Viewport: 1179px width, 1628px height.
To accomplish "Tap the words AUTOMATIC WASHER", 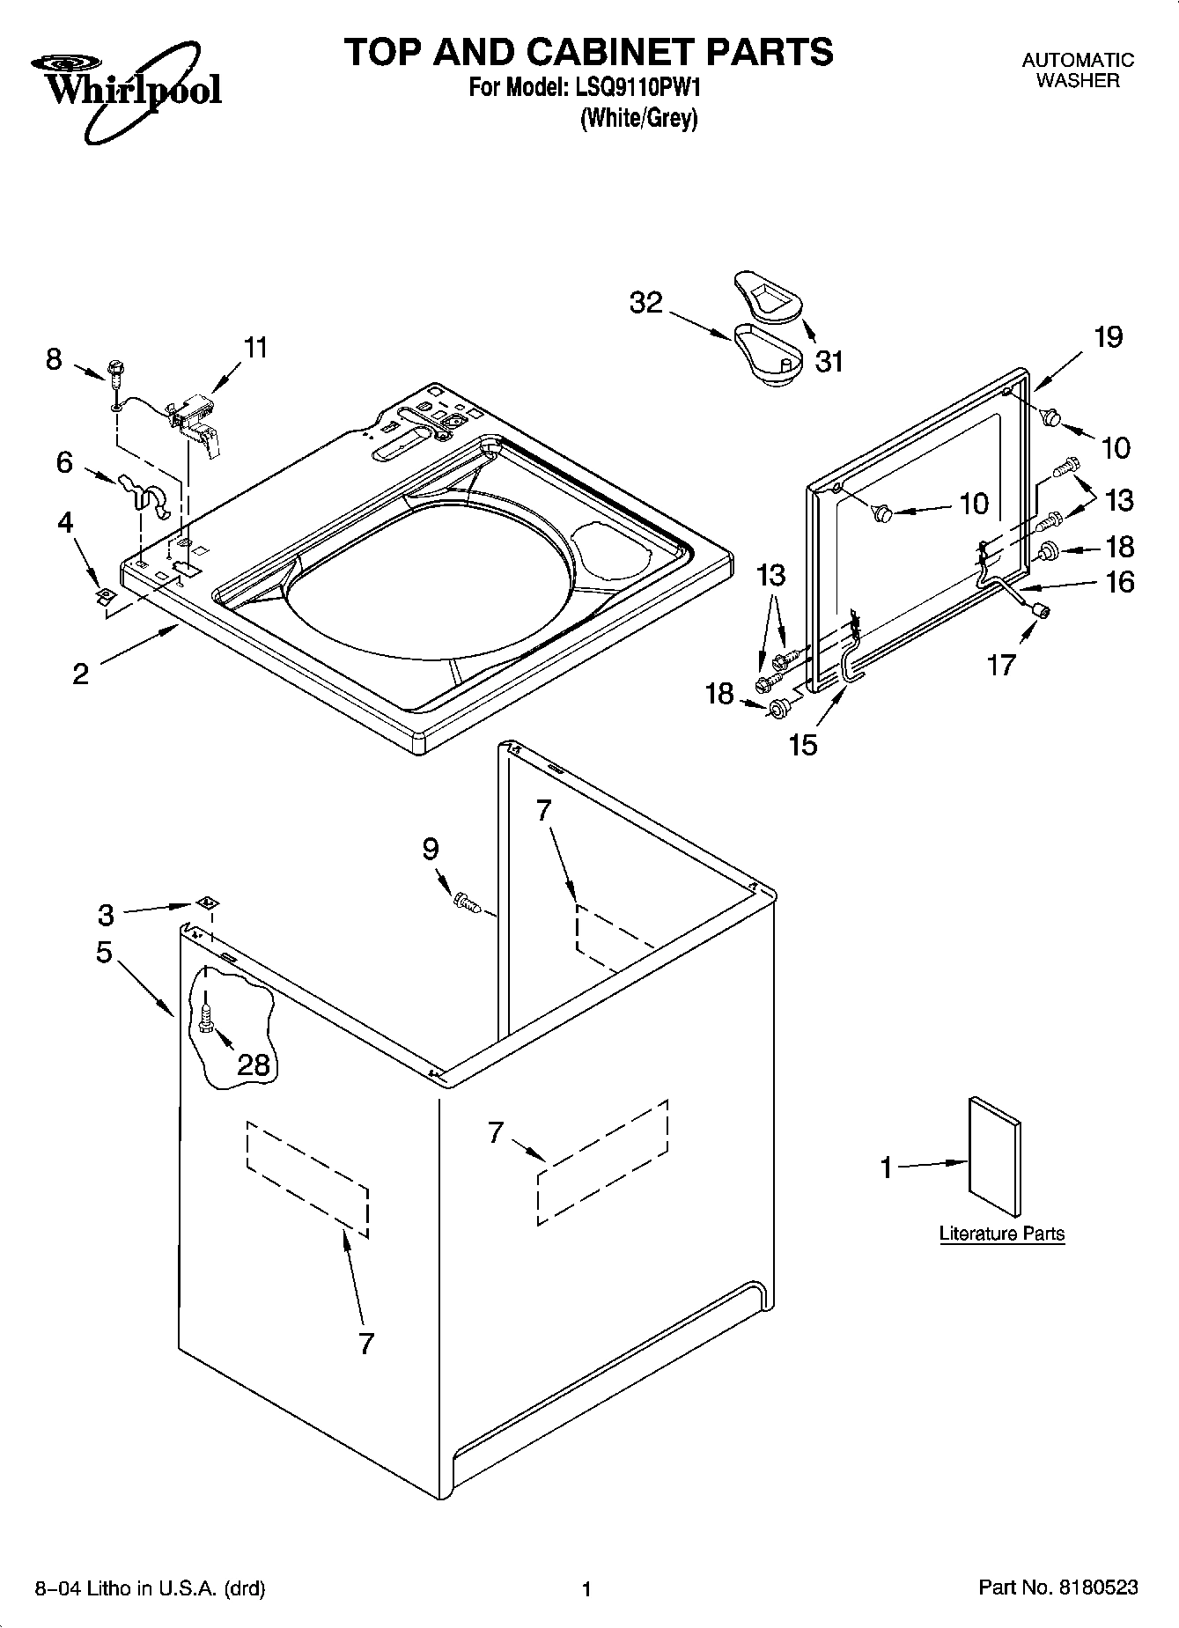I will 1077,70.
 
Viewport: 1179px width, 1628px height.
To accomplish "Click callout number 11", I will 254,348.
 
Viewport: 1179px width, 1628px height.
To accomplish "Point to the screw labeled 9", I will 465,902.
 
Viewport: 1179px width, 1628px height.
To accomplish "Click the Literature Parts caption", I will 1001,1234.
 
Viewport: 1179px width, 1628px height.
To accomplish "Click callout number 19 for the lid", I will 1108,336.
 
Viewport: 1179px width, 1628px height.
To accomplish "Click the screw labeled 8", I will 114,370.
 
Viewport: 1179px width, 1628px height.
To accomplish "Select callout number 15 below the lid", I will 803,745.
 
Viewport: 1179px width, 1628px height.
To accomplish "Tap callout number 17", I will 1001,665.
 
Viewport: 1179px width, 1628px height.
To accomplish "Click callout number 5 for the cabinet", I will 104,952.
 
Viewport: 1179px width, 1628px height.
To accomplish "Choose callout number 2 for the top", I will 80,674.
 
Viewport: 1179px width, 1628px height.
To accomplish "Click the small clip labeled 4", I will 104,596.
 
